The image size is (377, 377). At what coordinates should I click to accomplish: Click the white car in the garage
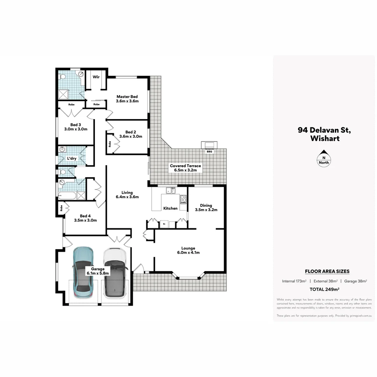click(x=114, y=273)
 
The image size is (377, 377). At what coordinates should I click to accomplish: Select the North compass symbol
click(x=324, y=158)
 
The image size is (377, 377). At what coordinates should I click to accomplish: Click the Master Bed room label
click(x=127, y=99)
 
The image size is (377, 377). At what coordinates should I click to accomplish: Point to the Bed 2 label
click(x=131, y=134)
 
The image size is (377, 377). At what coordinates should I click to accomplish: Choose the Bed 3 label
click(x=75, y=127)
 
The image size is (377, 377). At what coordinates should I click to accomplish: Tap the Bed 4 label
click(x=85, y=218)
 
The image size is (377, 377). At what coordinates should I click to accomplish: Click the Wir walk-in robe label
click(x=96, y=77)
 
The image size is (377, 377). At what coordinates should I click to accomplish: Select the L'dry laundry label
click(x=72, y=158)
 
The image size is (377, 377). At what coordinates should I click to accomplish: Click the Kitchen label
click(x=170, y=208)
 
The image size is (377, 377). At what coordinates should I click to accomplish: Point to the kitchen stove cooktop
click(x=183, y=199)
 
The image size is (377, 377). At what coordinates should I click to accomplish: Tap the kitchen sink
click(x=171, y=191)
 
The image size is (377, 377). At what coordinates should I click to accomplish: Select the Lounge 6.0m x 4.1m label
click(x=188, y=250)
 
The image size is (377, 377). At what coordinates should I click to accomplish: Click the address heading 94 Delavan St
click(x=324, y=130)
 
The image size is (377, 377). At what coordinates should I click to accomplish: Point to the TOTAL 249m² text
click(x=325, y=289)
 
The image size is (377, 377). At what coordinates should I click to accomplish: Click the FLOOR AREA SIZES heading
click(x=327, y=271)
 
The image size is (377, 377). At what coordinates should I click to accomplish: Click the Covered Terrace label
click(x=185, y=168)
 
